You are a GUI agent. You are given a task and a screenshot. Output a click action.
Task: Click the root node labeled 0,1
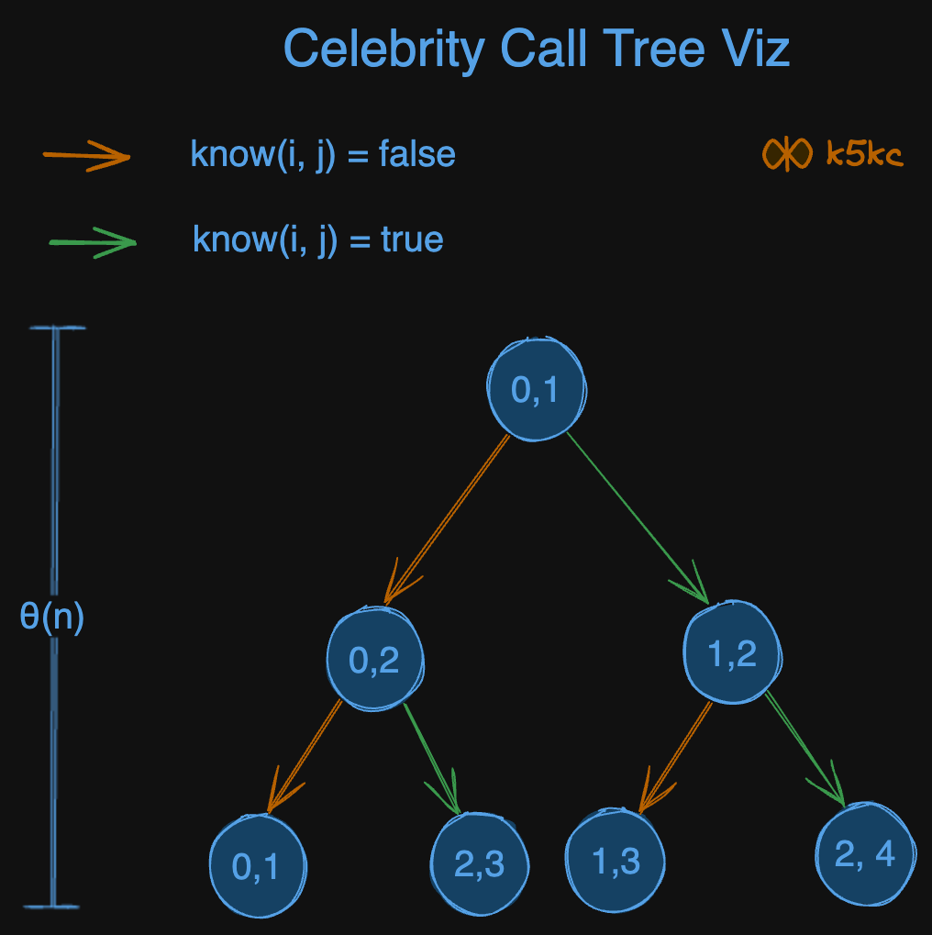click(535, 389)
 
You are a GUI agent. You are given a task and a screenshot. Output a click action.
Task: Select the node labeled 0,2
click(375, 658)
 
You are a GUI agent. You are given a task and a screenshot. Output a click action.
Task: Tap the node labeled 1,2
click(733, 653)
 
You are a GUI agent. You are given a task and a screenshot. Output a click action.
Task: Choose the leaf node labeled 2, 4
click(865, 854)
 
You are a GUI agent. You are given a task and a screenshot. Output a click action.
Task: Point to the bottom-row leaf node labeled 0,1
click(257, 866)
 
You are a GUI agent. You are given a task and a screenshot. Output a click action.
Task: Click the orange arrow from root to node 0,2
click(447, 519)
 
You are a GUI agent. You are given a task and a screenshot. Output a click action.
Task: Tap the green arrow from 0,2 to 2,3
click(431, 758)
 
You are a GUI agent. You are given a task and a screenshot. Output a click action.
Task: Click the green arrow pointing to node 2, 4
click(806, 748)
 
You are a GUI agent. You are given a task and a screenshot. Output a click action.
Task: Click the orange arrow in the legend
click(87, 156)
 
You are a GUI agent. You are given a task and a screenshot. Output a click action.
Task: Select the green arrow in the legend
click(92, 243)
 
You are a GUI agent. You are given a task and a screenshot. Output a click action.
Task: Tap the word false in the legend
click(417, 153)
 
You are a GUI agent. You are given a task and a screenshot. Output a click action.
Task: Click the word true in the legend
click(412, 240)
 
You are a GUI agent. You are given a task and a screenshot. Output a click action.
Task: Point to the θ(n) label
click(52, 617)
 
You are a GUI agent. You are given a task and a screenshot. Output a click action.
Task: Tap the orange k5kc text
click(864, 154)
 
